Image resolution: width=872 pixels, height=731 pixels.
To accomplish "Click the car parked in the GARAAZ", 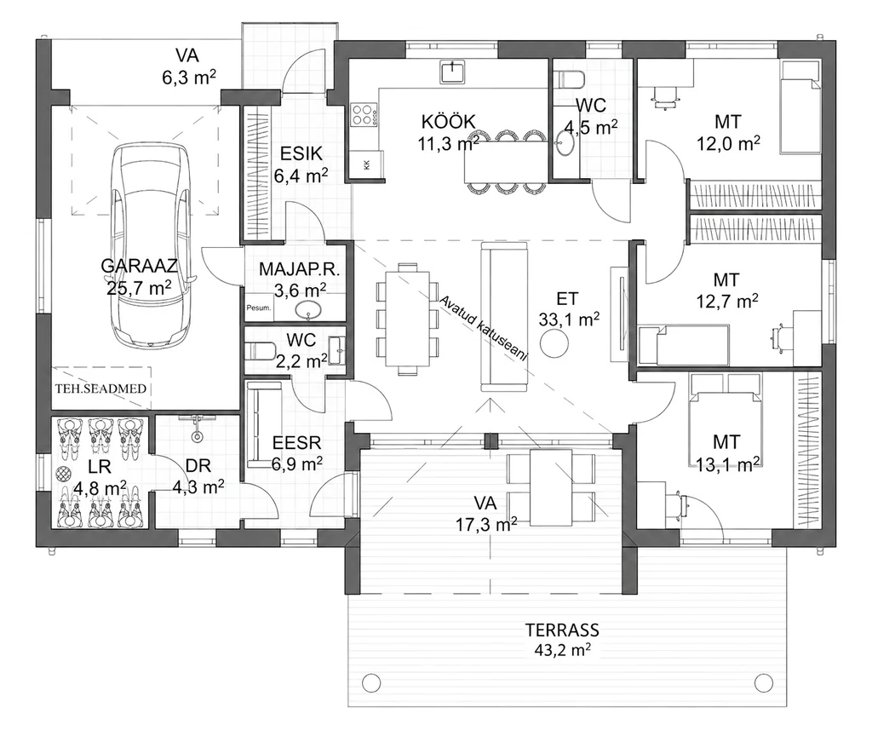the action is (151, 246).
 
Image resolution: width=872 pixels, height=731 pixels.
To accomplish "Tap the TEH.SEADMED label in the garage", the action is (101, 389).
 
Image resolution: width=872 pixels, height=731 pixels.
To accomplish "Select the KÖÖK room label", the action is (448, 121).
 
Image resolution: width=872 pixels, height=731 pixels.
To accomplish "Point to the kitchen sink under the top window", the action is (453, 72).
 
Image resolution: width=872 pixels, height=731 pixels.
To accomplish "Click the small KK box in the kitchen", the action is (367, 164).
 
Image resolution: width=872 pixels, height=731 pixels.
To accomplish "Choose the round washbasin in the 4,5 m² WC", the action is (566, 145).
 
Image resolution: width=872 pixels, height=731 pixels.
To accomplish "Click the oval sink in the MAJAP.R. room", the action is (309, 310).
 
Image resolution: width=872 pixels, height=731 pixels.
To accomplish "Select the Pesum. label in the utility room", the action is (259, 308).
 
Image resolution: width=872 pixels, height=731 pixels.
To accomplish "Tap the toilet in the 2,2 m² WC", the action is (259, 351).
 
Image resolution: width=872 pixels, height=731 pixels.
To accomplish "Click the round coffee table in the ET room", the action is (554, 343).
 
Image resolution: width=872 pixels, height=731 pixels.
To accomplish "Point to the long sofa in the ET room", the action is (504, 316).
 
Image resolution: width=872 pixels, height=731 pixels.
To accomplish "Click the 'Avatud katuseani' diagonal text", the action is (483, 328).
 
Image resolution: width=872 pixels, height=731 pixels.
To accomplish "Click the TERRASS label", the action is (562, 630).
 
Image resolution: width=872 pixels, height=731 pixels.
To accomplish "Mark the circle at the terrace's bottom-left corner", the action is (370, 682).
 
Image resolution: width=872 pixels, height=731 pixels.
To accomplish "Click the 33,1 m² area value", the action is (568, 319).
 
